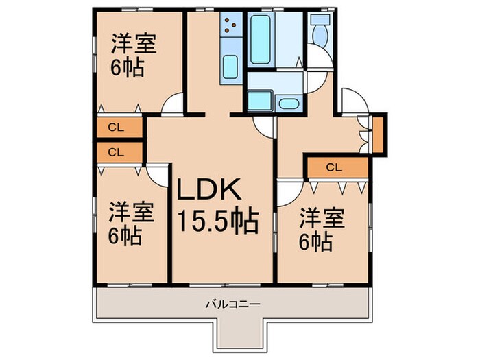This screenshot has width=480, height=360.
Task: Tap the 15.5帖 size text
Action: point(218,220)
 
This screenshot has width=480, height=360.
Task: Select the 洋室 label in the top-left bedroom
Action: point(134,43)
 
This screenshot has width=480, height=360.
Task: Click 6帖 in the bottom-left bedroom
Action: point(125,237)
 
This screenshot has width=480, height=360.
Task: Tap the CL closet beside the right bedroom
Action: point(334,167)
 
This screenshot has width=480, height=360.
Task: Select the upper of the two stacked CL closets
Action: point(116,127)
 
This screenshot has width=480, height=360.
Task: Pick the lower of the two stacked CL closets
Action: point(116,152)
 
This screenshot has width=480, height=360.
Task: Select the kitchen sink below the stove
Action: point(230,67)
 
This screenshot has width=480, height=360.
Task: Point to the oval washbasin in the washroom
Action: point(289,104)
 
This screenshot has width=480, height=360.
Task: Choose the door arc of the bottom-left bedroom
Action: point(159,174)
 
